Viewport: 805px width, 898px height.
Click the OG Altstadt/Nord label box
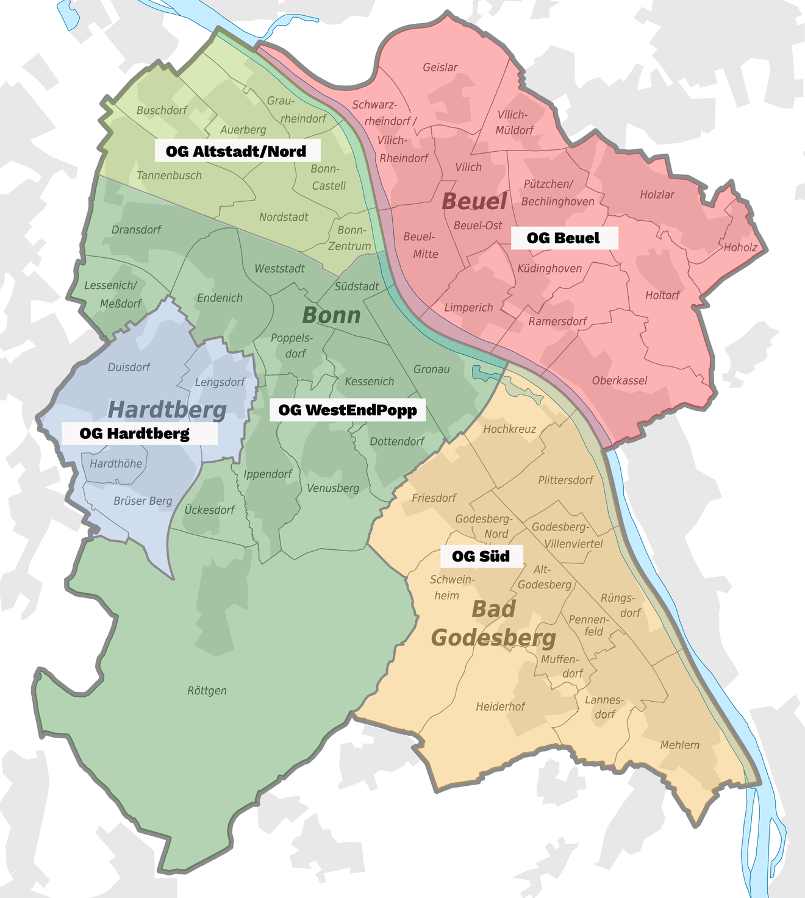coord(236,151)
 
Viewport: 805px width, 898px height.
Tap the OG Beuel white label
coord(563,238)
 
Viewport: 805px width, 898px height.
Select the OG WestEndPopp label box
coord(348,410)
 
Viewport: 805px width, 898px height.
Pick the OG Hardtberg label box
coord(135,433)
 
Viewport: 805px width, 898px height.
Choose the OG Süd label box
coord(481,556)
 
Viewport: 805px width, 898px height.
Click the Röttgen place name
coord(207,691)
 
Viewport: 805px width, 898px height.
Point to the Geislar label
coord(440,67)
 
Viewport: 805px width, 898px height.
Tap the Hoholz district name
coord(740,248)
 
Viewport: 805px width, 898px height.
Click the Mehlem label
coord(679,745)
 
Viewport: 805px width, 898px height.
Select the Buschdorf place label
coord(162,110)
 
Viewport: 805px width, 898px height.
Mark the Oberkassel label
coord(620,380)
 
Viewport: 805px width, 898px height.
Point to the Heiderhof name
coord(500,707)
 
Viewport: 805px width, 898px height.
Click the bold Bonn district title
coord(331,315)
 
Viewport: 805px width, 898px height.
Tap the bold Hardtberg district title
coord(167,410)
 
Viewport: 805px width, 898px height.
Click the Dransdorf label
coord(136,230)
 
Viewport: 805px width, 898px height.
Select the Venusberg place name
coord(333,488)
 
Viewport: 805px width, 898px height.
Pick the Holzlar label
coord(657,194)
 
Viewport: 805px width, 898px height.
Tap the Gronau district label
coord(431,369)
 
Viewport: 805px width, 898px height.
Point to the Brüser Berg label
coord(143,501)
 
